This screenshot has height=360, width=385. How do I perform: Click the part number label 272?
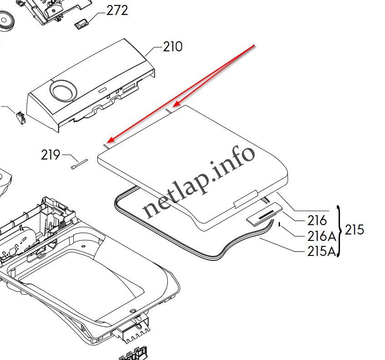click(x=117, y=10)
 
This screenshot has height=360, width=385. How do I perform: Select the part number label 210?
click(x=173, y=46)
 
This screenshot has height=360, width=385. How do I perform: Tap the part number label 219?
click(x=50, y=155)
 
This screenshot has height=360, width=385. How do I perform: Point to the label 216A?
click(x=321, y=236)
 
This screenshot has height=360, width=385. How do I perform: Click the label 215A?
click(x=321, y=251)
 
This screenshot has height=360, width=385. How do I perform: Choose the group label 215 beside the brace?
click(x=354, y=230)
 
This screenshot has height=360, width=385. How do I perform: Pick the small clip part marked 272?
click(x=81, y=25)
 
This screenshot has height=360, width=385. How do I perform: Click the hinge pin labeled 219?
click(x=79, y=164)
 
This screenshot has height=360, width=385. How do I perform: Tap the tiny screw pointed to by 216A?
click(x=280, y=224)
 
